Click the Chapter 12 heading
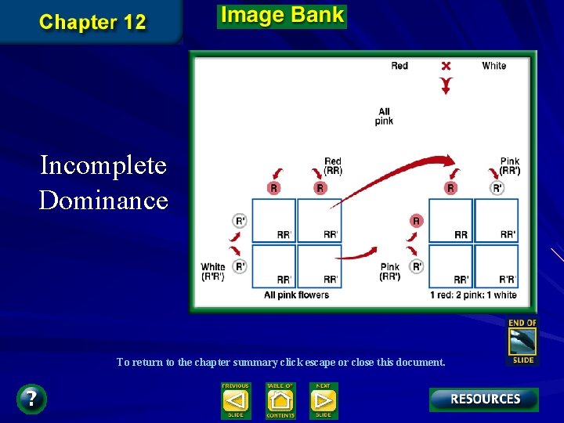click(92, 22)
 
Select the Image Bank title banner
click(282, 16)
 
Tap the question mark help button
click(31, 399)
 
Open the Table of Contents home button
click(280, 400)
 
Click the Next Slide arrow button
click(324, 400)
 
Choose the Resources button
click(484, 399)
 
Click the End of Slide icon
click(522, 341)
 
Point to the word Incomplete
click(103, 165)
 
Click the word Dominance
click(103, 201)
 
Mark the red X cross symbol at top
click(446, 66)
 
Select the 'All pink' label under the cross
click(384, 117)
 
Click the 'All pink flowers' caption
click(296, 295)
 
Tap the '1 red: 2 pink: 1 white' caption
click(473, 295)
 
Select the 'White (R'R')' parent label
click(213, 272)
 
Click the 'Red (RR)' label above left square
click(333, 166)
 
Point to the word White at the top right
click(493, 66)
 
